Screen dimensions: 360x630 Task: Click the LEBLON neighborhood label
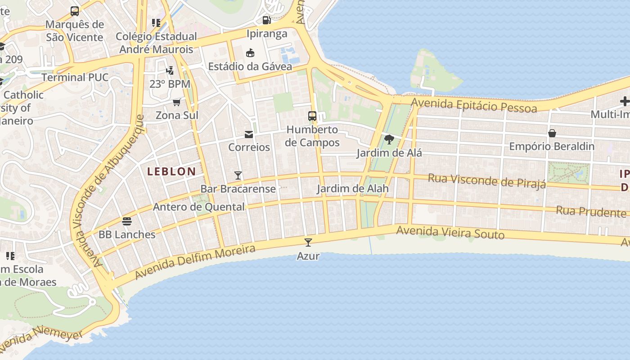click(171, 171)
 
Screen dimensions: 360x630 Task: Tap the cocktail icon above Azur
click(308, 243)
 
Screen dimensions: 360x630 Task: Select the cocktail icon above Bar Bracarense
click(238, 175)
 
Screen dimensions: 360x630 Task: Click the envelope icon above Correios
click(249, 134)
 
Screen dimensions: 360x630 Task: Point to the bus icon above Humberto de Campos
click(312, 116)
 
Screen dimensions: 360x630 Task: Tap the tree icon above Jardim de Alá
click(389, 139)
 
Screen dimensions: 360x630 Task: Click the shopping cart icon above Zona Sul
click(177, 102)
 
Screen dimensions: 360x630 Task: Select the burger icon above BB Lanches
click(127, 221)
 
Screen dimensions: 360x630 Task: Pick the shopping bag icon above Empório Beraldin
click(552, 133)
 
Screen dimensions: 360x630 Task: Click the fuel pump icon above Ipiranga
click(267, 20)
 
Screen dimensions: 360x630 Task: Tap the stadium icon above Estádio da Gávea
click(250, 53)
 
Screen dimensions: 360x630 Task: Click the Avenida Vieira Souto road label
click(450, 233)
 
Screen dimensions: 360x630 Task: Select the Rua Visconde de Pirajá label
click(486, 180)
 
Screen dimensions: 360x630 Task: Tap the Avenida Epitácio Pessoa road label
click(474, 106)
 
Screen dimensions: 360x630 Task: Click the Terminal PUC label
click(75, 77)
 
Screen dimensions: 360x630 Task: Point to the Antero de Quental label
click(199, 207)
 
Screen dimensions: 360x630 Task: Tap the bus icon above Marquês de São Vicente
click(75, 11)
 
